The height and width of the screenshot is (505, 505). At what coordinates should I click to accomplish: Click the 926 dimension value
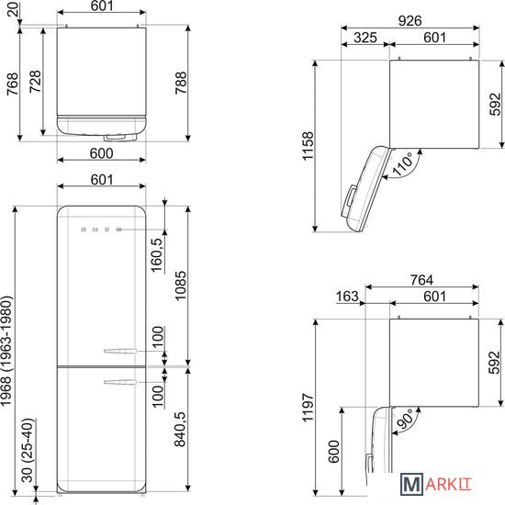point(410,21)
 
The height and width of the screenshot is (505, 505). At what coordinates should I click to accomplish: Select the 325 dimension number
point(365,38)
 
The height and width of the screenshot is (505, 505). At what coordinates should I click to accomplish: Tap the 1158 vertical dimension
point(308,146)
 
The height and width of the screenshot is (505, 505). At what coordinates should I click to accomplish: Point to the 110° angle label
point(403,164)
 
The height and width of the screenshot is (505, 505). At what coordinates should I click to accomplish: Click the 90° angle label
point(404,419)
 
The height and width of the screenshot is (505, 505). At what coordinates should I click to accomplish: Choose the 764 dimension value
point(421,280)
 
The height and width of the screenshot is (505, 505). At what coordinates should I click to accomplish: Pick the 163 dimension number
point(347,297)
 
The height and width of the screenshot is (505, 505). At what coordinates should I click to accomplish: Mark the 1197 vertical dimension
point(308,407)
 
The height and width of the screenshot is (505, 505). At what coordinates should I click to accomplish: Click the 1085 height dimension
point(180,286)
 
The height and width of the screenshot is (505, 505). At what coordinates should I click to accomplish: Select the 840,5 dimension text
point(180,429)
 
